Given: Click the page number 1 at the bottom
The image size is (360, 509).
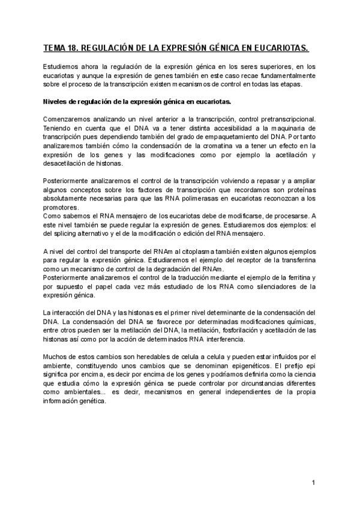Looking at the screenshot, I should [x=314, y=482].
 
